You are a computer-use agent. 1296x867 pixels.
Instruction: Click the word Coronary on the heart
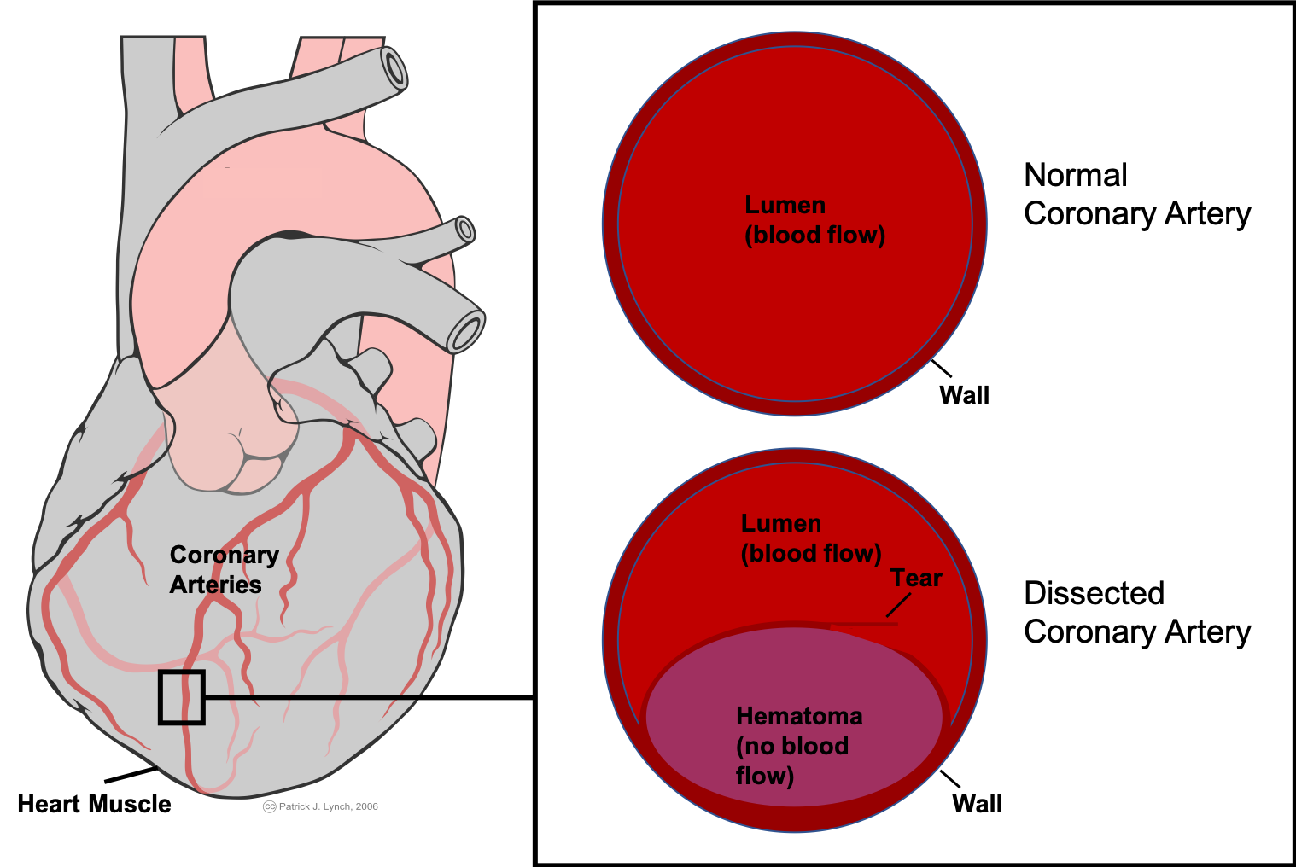pyautogui.click(x=224, y=555)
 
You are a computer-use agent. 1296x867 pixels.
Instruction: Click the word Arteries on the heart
pyautogui.click(x=215, y=585)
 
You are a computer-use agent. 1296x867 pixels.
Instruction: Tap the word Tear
pyautogui.click(x=916, y=578)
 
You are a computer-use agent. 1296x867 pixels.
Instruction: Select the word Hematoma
pyautogui.click(x=799, y=716)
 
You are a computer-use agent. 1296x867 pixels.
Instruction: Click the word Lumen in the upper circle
pyautogui.click(x=785, y=205)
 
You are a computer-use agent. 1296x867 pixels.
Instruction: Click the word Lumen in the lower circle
pyautogui.click(x=780, y=523)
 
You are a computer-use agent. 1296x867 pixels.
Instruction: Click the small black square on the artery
pyautogui.click(x=181, y=697)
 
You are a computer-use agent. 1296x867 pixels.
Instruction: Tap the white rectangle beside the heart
pyautogui.click(x=496, y=527)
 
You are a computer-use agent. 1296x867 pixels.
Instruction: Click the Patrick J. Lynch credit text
pyautogui.click(x=328, y=806)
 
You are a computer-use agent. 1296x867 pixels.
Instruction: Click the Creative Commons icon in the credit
pyautogui.click(x=269, y=806)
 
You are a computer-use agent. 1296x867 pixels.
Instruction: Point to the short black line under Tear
pyautogui.click(x=898, y=605)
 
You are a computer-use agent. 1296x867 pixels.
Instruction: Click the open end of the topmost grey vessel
pyautogui.click(x=394, y=67)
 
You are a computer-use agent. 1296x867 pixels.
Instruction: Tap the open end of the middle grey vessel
pyautogui.click(x=464, y=230)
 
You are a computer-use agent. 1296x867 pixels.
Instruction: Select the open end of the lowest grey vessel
pyautogui.click(x=466, y=331)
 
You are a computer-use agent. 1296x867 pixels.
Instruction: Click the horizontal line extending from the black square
pyautogui.click(x=312, y=697)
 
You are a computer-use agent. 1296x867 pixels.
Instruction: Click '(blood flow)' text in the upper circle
pyautogui.click(x=814, y=235)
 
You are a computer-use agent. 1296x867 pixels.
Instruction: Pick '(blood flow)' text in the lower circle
pyautogui.click(x=811, y=553)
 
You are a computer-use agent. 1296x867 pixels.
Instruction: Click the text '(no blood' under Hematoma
pyautogui.click(x=792, y=746)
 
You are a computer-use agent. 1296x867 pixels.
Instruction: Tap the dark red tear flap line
pyautogui.click(x=862, y=624)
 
